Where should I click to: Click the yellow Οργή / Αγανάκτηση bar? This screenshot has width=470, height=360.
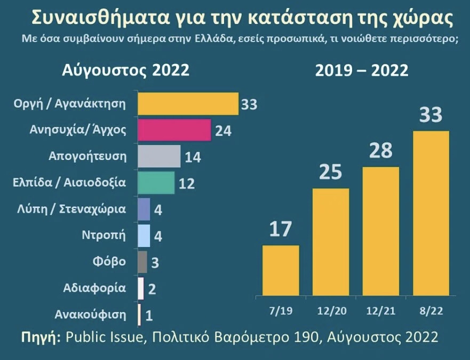(188, 103)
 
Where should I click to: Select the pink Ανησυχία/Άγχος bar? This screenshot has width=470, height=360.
(174, 130)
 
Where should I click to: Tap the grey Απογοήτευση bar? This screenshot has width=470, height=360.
(159, 156)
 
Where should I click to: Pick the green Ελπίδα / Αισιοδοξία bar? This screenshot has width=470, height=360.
(156, 183)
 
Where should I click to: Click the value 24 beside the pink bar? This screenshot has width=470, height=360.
(223, 131)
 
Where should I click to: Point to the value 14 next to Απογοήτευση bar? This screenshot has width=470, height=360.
(193, 157)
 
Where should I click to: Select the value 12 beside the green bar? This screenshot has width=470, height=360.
(187, 184)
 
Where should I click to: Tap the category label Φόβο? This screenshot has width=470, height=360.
(109, 261)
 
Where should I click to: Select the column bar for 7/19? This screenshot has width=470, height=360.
(281, 270)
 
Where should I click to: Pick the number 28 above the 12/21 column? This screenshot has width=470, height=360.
(381, 151)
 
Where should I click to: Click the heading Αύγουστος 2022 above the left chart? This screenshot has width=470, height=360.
(125, 70)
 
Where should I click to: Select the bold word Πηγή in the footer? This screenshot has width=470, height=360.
(39, 338)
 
